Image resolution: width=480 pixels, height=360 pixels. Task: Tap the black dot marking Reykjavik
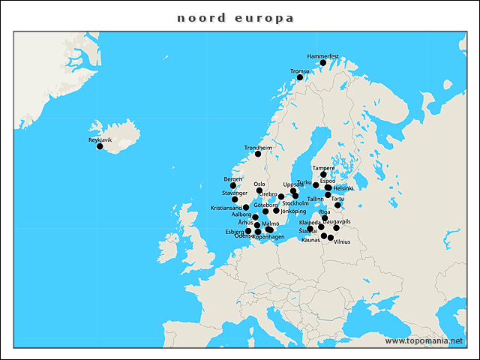tap(100, 146)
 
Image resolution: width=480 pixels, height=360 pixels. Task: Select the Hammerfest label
tap(323, 56)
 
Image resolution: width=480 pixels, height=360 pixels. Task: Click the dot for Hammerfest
tap(323, 63)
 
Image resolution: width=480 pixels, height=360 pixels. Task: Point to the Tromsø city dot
tap(300, 77)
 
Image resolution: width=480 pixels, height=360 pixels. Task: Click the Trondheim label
tap(258, 148)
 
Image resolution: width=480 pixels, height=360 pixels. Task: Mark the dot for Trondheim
tap(258, 154)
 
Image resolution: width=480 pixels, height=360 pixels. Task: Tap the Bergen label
tap(233, 179)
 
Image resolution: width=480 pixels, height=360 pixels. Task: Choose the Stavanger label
tap(235, 193)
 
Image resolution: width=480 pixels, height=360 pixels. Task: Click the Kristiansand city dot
tap(246, 207)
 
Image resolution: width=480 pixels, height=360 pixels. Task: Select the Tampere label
tap(323, 168)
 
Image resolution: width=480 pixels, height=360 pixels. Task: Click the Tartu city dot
tap(337, 205)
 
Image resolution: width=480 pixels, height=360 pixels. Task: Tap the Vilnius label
tap(342, 241)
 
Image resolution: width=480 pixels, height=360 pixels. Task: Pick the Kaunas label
tap(310, 240)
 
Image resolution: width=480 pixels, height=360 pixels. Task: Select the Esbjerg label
tap(235, 232)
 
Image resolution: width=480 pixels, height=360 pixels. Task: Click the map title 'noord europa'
tap(235, 17)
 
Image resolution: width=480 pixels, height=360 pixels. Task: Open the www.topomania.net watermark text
tap(424, 341)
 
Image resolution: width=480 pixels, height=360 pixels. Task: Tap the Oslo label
tap(259, 184)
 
